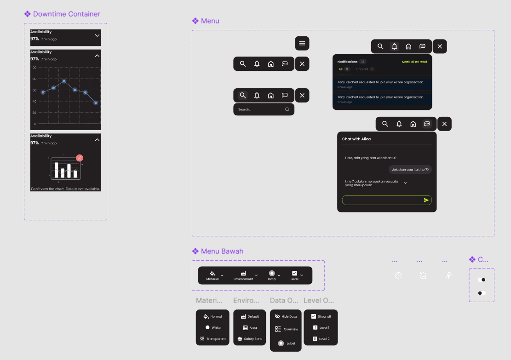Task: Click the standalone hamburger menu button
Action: [x=302, y=43]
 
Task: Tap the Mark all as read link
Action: [x=414, y=62]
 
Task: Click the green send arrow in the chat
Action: [x=426, y=200]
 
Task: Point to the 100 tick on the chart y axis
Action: [x=34, y=68]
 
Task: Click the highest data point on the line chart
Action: [x=64, y=81]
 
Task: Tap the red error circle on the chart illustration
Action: [x=80, y=158]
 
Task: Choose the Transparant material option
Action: [x=212, y=339]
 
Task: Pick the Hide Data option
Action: [x=286, y=316]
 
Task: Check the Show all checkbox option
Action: [x=321, y=316]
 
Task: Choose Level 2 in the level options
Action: [x=321, y=339]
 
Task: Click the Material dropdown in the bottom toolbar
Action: [x=214, y=275]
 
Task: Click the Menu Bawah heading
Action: [x=222, y=251]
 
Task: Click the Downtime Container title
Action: [x=66, y=14]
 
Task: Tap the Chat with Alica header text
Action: [x=356, y=139]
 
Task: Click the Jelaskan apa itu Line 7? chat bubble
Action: [x=410, y=170]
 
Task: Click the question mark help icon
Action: [x=398, y=275]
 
